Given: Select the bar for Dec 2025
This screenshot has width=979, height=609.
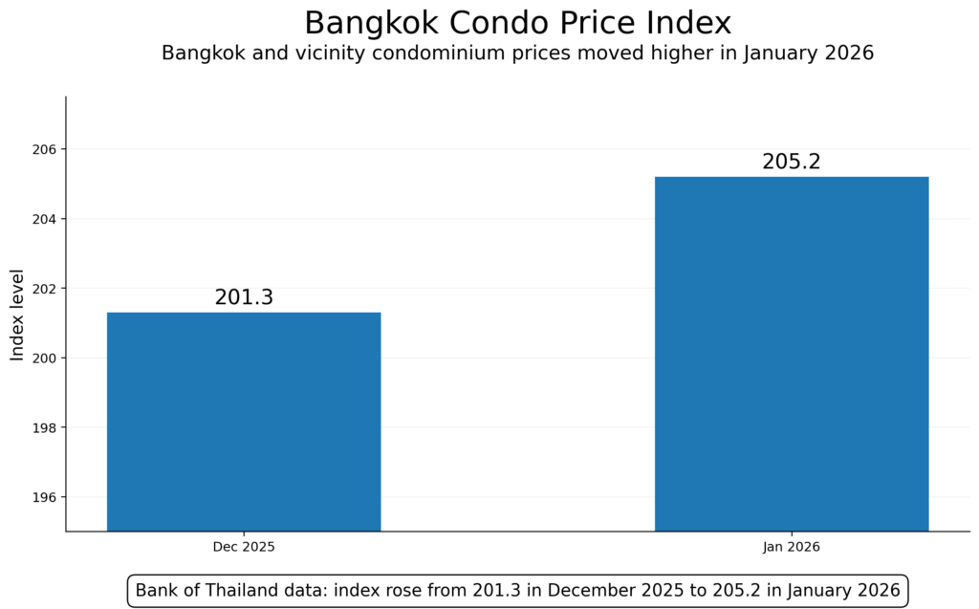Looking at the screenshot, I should [x=244, y=421].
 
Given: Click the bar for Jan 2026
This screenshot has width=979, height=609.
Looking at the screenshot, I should [x=792, y=354].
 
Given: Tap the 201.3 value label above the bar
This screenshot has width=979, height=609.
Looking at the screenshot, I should [x=244, y=297].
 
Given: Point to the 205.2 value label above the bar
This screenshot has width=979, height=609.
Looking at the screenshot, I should [x=792, y=162].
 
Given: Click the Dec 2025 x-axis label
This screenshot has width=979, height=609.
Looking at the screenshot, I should [x=244, y=548].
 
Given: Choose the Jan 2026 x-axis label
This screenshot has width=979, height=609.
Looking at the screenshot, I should [x=792, y=548].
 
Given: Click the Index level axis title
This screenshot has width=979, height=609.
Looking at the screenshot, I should [x=17, y=314].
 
